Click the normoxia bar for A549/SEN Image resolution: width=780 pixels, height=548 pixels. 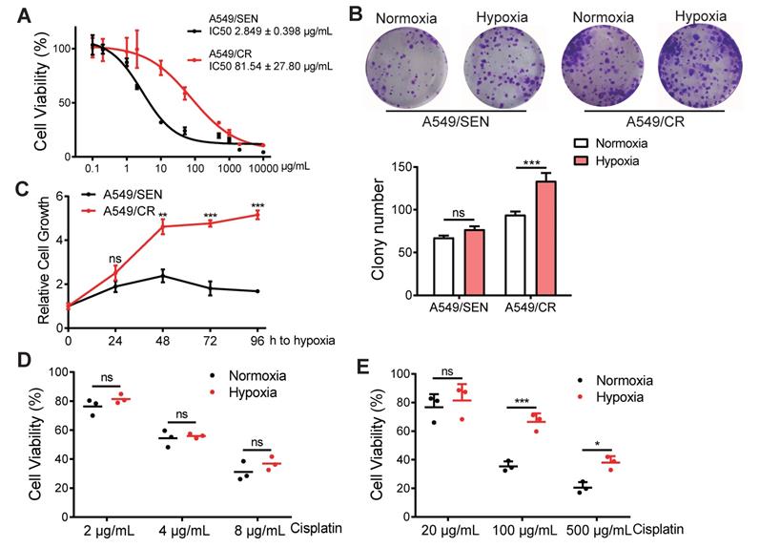442,268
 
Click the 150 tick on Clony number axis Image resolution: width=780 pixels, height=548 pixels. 407,168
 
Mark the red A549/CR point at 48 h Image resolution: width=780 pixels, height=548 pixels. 163,225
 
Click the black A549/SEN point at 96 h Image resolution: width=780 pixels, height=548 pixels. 257,291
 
